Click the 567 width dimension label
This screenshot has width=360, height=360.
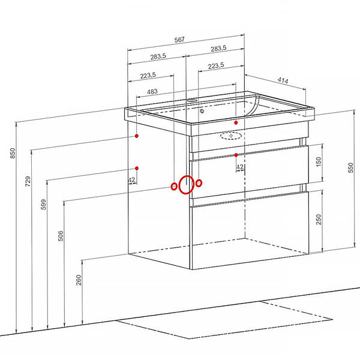pyautogui.click(x=179, y=40)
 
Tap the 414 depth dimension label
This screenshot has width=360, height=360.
pyautogui.click(x=283, y=80)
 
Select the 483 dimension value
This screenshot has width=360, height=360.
pyautogui.click(x=152, y=92)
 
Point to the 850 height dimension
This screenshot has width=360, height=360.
pyautogui.click(x=13, y=153)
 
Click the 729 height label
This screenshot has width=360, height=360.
pyautogui.click(x=28, y=181)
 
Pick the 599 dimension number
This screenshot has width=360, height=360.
pyautogui.click(x=43, y=205)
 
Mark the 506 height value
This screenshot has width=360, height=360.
pyautogui.click(x=61, y=236)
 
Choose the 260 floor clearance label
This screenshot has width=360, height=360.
pyautogui.click(x=79, y=280)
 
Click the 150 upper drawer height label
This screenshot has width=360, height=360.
pyautogui.click(x=319, y=161)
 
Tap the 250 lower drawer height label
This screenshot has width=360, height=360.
pyautogui.click(x=319, y=219)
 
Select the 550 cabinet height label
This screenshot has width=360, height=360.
pyautogui.click(x=350, y=167)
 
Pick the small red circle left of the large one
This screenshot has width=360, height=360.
pyautogui.click(x=174, y=186)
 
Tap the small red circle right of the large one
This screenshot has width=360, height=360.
pyautogui.click(x=199, y=183)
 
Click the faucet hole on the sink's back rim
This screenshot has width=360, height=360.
pyautogui.click(x=191, y=101)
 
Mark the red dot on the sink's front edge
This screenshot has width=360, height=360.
pyautogui.click(x=236, y=122)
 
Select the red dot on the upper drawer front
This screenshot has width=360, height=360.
pyautogui.click(x=236, y=155)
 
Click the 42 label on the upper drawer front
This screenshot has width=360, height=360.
pyautogui.click(x=240, y=167)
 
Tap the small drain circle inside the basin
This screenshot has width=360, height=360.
pyautogui.click(x=202, y=111)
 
